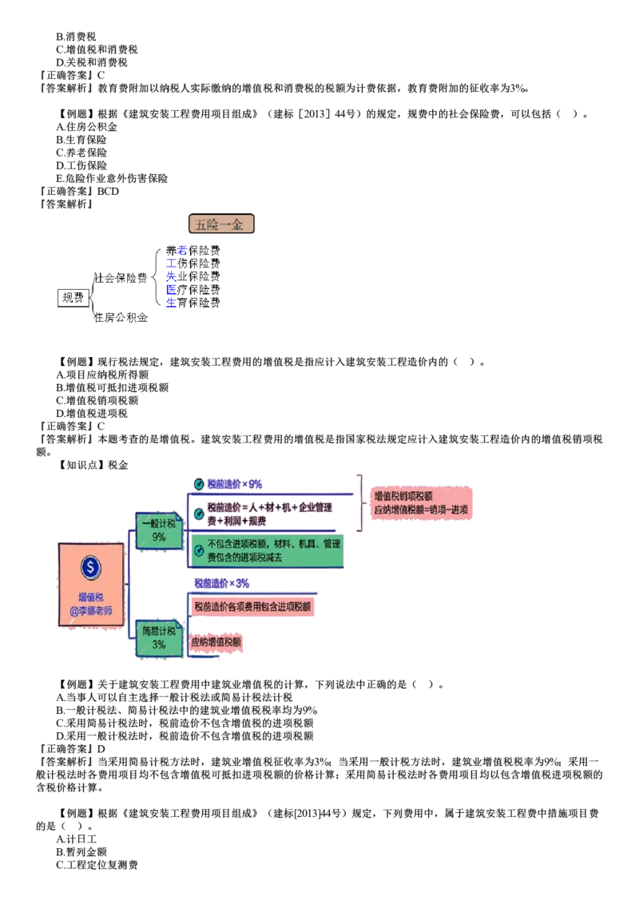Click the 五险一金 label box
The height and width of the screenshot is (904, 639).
click(x=220, y=224)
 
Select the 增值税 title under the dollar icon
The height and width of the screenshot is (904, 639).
click(x=91, y=597)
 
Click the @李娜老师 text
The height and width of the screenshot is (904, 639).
click(x=91, y=611)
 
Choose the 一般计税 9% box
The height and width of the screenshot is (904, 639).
click(x=159, y=530)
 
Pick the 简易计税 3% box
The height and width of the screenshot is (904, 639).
click(x=159, y=638)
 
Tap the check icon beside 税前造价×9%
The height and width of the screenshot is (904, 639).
click(x=199, y=484)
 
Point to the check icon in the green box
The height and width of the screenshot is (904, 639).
click(x=199, y=551)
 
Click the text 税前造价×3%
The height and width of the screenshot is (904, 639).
click(x=221, y=584)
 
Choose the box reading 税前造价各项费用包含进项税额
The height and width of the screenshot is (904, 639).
click(x=252, y=606)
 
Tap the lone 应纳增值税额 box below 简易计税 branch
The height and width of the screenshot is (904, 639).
click(x=216, y=643)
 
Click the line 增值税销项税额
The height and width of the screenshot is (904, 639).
click(x=404, y=496)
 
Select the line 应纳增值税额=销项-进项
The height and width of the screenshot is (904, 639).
click(x=421, y=509)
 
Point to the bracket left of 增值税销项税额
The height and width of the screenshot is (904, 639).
click(x=359, y=502)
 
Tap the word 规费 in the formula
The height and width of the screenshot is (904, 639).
click(x=256, y=520)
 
